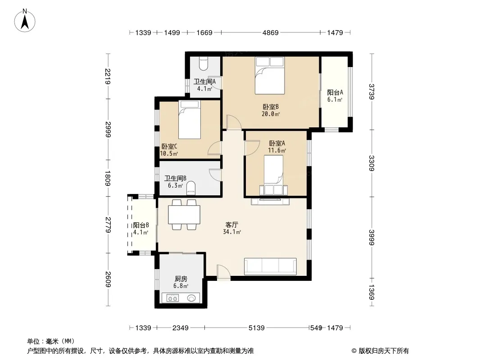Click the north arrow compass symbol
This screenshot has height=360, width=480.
(25, 21)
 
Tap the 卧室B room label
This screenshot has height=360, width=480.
(271, 107)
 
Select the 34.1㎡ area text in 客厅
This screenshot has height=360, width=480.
(232, 232)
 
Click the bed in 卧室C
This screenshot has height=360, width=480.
(190, 120)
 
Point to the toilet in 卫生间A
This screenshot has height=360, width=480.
(204, 63)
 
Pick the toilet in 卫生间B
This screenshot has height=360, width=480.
(191, 188)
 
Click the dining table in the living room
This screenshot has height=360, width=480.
(184, 214)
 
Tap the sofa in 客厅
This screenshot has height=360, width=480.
(270, 266)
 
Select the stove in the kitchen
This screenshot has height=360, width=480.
(172, 298)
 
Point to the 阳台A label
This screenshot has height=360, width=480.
(335, 92)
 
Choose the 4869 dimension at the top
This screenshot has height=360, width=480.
(271, 32)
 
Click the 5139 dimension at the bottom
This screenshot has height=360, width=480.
(257, 328)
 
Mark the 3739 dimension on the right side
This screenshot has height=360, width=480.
(371, 92)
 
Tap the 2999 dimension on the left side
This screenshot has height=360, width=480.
(108, 130)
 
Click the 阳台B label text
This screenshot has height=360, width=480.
(141, 225)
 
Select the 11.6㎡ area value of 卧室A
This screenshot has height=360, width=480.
(277, 150)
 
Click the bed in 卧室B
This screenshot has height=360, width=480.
(270, 76)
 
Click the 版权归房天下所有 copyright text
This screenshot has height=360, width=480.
(384, 351)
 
